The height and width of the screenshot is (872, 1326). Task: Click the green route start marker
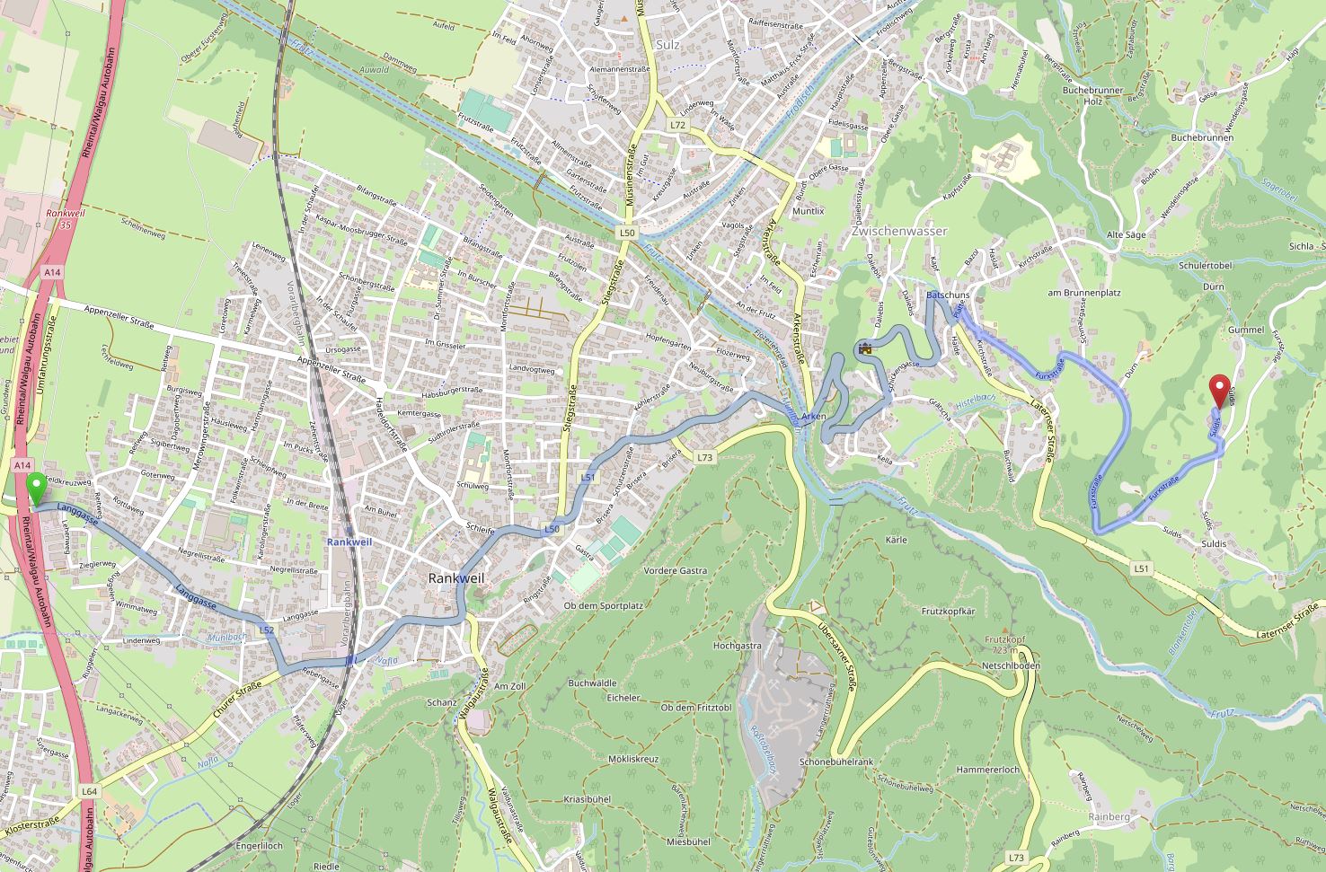pyautogui.click(x=36, y=490)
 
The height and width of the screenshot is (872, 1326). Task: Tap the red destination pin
pyautogui.click(x=1219, y=390)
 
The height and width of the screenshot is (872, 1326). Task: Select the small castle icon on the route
pyautogui.click(x=865, y=348)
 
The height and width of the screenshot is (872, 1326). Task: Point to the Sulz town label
pyautogui.click(x=668, y=44)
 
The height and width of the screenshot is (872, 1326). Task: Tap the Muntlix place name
pyautogui.click(x=809, y=210)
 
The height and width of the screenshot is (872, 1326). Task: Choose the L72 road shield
pyautogui.click(x=677, y=125)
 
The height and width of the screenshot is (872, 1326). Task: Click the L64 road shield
pyautogui.click(x=88, y=791)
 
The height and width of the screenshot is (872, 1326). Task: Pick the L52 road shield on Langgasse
pyautogui.click(x=267, y=630)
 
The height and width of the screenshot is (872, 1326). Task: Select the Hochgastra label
pyautogui.click(x=737, y=645)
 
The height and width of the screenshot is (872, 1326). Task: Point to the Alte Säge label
pyautogui.click(x=1127, y=234)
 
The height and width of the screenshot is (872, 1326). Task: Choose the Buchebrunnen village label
pyautogui.click(x=1202, y=137)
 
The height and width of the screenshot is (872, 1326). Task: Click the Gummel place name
pyautogui.click(x=1245, y=330)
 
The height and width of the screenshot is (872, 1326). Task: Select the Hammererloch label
pyautogui.click(x=987, y=770)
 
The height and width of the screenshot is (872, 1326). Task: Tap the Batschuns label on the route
pyautogui.click(x=948, y=295)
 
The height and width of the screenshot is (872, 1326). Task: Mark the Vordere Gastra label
pyautogui.click(x=676, y=570)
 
